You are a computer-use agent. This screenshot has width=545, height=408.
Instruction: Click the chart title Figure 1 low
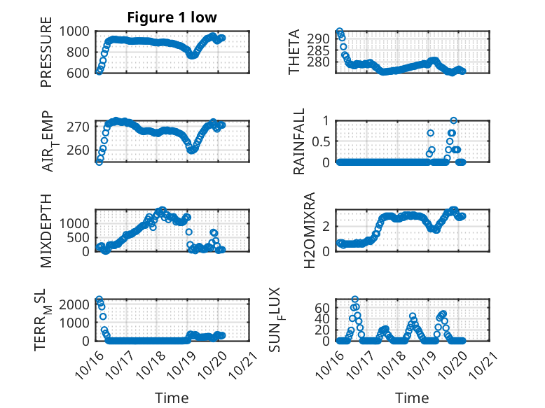tap(172, 17)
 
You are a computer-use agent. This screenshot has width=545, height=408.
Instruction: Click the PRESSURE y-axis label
tap(46, 57)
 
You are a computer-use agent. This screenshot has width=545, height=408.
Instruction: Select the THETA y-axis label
tap(294, 52)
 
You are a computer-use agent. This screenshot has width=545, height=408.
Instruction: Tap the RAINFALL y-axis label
tap(298, 141)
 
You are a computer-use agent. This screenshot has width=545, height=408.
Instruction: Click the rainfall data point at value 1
tap(453, 120)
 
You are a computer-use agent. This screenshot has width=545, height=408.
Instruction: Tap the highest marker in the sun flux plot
tap(355, 300)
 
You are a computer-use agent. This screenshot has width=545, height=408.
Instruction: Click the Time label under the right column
tap(412, 398)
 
